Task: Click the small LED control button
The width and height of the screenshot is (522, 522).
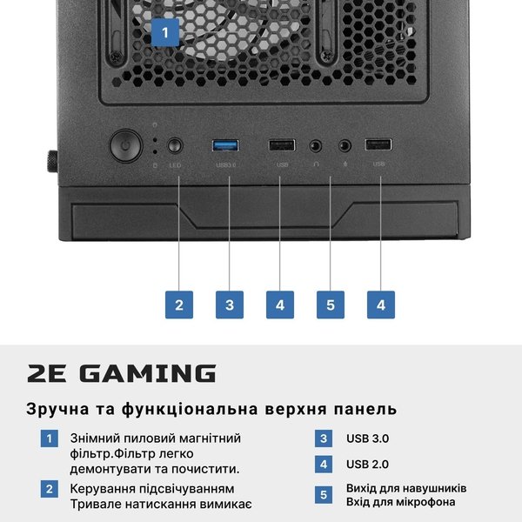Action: pos(175,146)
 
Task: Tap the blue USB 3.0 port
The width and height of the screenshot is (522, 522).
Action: pos(225,146)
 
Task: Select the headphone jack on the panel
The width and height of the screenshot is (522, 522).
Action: pos(315,146)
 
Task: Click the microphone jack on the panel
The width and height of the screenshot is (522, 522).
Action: pos(345,146)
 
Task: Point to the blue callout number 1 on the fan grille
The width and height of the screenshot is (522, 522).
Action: pos(165,33)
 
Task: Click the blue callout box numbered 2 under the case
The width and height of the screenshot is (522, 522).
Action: pos(179,304)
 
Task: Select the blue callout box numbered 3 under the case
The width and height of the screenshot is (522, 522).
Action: pos(230,304)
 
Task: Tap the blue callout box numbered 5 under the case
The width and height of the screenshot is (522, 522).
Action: pos(331,304)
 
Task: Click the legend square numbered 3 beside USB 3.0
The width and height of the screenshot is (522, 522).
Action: pos(324,438)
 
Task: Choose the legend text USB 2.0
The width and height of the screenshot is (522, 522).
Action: pos(367,464)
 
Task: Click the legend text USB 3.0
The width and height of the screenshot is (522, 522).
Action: pos(367,438)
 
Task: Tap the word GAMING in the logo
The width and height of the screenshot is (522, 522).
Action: pos(148,373)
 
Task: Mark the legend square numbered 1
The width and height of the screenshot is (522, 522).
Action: pos(50,438)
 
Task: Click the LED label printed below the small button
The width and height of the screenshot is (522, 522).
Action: pos(175,165)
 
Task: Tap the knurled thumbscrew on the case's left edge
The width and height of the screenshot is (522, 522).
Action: pos(52,162)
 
